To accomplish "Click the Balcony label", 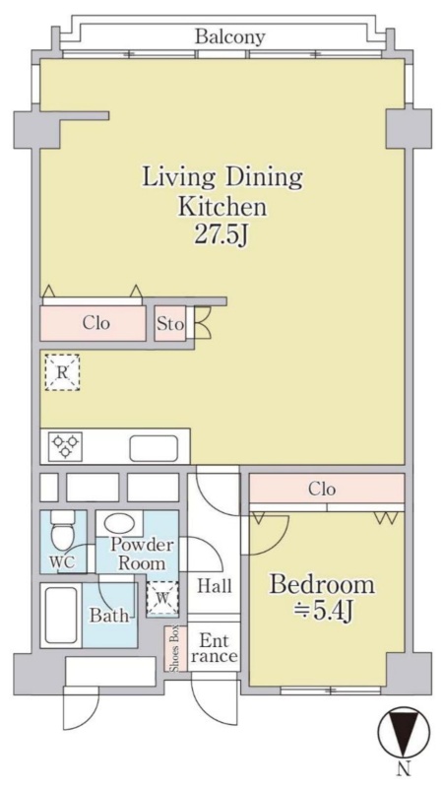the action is pyautogui.click(x=230, y=36).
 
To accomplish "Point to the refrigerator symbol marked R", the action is pyautogui.click(x=62, y=373).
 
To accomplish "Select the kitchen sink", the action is pyautogui.click(x=154, y=448).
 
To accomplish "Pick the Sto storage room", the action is pyautogui.click(x=170, y=324).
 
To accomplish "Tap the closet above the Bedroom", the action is pyautogui.click(x=327, y=488).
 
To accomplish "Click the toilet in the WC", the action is pyautogui.click(x=63, y=531).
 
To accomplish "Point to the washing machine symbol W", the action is pyautogui.click(x=162, y=598).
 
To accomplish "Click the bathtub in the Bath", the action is pyautogui.click(x=61, y=615).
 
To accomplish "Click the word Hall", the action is pyautogui.click(x=215, y=586).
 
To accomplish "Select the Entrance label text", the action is pyautogui.click(x=214, y=648).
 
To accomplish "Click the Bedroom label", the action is pyautogui.click(x=322, y=585).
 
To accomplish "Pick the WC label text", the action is pyautogui.click(x=62, y=562).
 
